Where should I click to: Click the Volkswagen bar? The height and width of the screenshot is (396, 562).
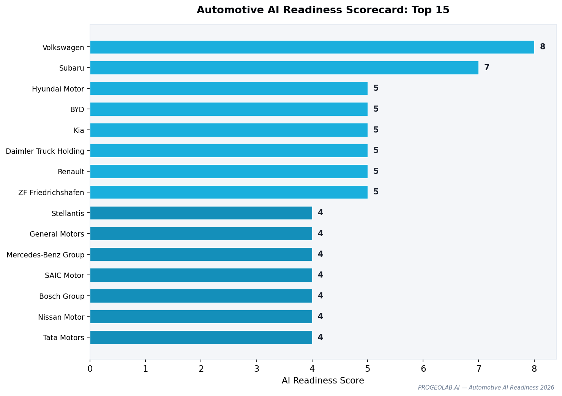click(312, 47)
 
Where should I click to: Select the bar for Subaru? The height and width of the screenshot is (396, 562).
click(284, 68)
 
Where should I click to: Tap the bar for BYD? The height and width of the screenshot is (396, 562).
click(229, 109)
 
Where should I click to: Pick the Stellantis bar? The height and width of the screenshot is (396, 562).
click(201, 213)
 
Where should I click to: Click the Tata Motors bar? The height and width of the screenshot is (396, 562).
click(201, 337)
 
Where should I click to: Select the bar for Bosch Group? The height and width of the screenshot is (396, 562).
click(201, 296)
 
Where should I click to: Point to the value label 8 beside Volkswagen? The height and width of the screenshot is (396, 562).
click(542, 47)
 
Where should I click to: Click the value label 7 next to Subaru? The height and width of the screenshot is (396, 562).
click(486, 68)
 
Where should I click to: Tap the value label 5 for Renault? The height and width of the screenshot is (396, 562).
click(376, 172)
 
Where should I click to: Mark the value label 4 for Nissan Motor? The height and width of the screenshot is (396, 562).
click(320, 317)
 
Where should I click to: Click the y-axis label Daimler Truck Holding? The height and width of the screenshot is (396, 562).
click(45, 151)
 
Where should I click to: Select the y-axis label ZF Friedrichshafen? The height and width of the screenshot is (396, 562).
click(51, 193)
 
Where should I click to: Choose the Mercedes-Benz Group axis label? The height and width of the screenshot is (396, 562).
click(45, 255)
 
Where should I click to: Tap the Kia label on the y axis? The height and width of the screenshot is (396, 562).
click(79, 130)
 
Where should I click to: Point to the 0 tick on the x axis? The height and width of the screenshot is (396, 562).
click(90, 369)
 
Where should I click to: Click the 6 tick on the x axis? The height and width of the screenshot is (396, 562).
click(423, 369)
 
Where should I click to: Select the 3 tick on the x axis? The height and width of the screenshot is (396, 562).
click(257, 369)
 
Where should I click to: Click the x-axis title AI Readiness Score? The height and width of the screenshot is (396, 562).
click(323, 380)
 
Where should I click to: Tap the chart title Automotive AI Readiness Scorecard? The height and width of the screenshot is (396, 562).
click(323, 10)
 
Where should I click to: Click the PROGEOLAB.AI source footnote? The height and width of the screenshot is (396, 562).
click(486, 388)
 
